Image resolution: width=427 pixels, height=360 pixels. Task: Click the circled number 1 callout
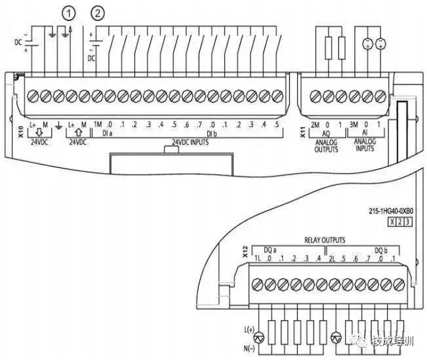tap(68, 12)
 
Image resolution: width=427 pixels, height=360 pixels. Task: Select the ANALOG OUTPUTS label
tap(326, 146)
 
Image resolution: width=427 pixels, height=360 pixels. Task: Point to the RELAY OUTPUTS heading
tap(324, 241)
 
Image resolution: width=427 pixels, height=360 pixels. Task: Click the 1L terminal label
tap(258, 260)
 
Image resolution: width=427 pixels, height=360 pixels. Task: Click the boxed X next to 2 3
tap(392, 223)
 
